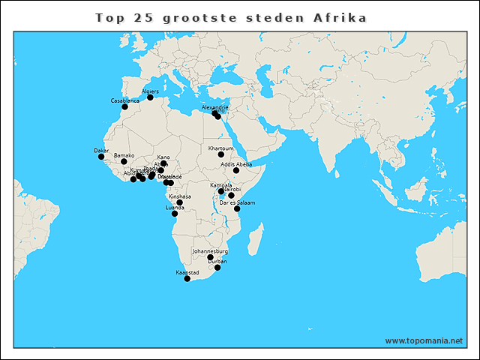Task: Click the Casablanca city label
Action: [x=124, y=100]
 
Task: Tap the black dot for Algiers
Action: [x=150, y=97]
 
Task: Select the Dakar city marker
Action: [x=101, y=156]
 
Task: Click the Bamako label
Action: [x=124, y=155]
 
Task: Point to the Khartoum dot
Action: [x=221, y=154]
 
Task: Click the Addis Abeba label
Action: [x=236, y=164]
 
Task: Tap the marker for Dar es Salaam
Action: [x=237, y=208]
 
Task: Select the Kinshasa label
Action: [x=179, y=196]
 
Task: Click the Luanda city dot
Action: [x=175, y=214]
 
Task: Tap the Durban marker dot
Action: [x=217, y=268]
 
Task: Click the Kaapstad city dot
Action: [x=187, y=278]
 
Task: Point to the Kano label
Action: [x=163, y=157]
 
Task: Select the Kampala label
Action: [x=221, y=184]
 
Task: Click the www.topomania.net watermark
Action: [x=424, y=340]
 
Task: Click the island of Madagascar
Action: [x=255, y=241]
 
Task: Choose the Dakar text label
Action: [x=101, y=151]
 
